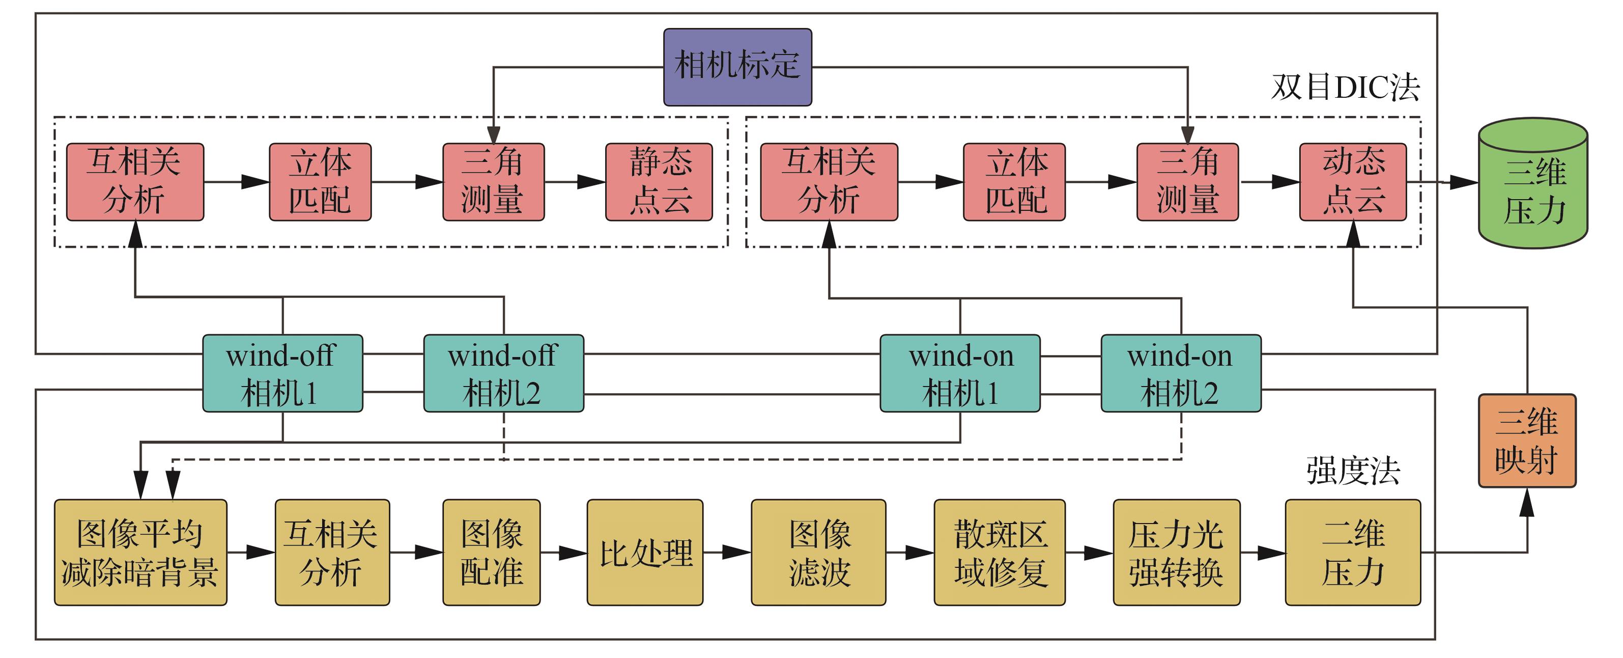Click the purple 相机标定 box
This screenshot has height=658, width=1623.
pos(737,67)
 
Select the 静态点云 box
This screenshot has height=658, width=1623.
pos(659,181)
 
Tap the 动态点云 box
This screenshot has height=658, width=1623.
pos(1353,181)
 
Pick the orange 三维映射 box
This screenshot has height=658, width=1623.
pos(1527,441)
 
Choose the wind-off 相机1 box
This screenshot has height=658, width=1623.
pos(282,373)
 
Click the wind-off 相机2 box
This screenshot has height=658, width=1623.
pos(503,373)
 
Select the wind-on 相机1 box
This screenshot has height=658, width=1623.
pos(959,373)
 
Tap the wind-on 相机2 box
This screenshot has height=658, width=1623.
pos(1181,373)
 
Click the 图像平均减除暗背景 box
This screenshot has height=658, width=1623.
pos(140,552)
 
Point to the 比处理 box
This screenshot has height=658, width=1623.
pos(644,552)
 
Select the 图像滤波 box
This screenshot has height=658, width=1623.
pos(818,552)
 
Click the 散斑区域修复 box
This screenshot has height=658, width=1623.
pos(999,552)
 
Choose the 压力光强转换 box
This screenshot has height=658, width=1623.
pos(1176,552)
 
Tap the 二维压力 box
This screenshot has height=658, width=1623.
pos(1353,552)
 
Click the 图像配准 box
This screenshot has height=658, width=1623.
pos(492,552)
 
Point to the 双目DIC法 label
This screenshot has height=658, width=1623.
pos(1346,87)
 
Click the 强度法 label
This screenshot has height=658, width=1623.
pos(1353,470)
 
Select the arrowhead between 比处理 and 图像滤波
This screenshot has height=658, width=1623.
pos(736,553)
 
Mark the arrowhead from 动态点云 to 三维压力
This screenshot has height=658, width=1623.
pos(1463,183)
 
